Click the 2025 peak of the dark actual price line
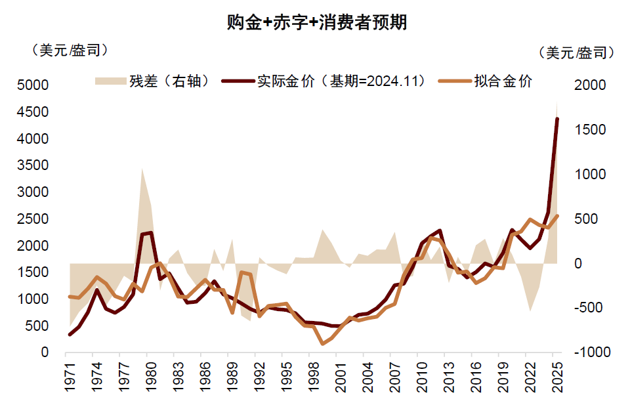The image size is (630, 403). click(557, 119)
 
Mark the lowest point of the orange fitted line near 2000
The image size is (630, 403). click(322, 343)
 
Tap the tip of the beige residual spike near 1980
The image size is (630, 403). click(142, 168)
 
